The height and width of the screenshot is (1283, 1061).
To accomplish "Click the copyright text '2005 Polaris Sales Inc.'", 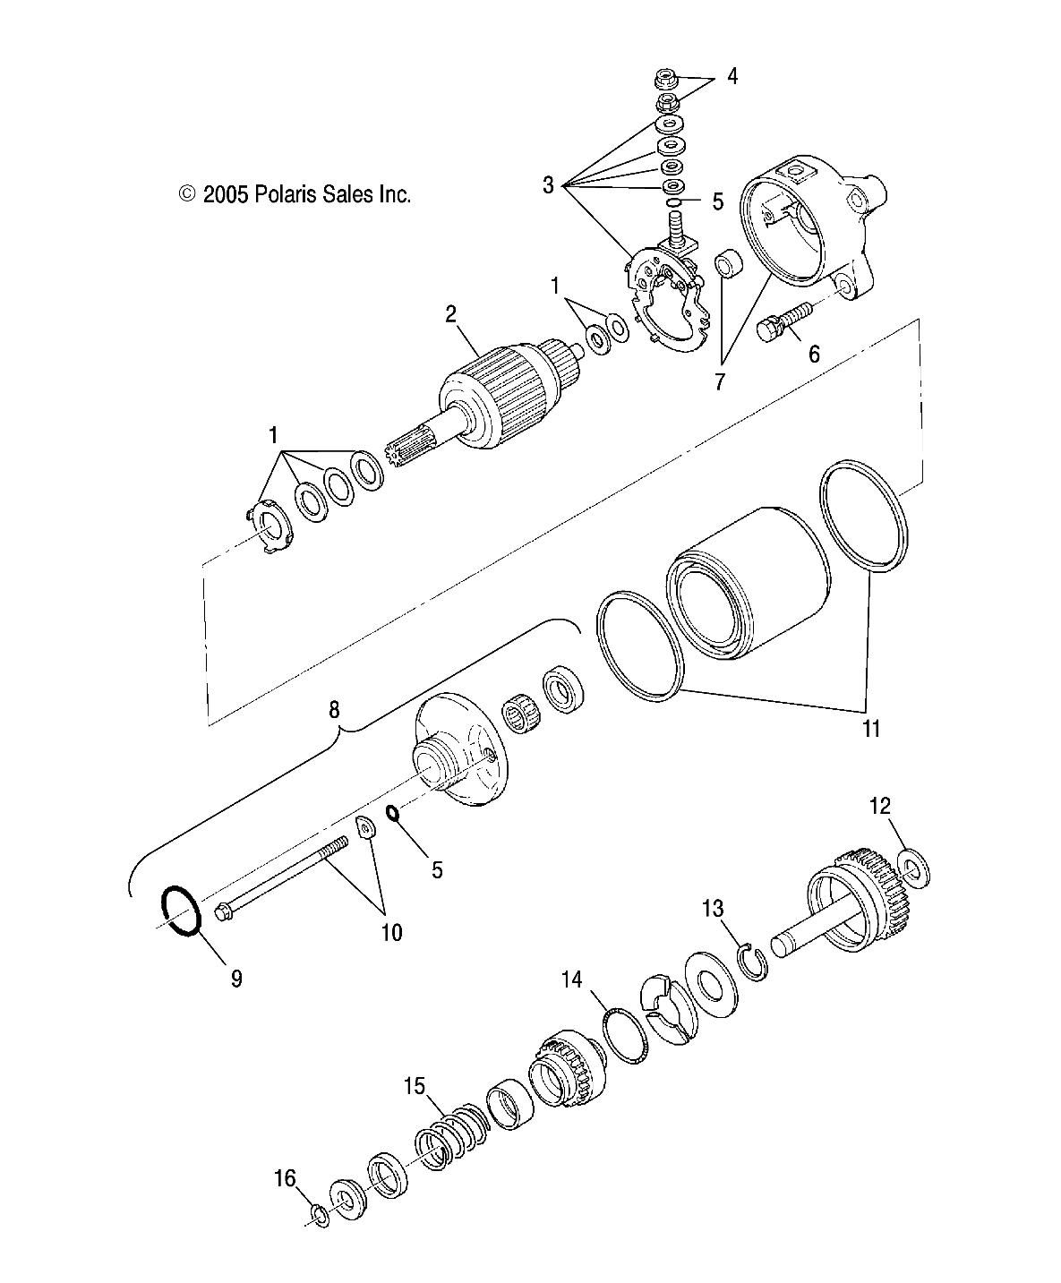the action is tap(306, 195).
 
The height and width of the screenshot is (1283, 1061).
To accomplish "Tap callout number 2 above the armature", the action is tap(451, 314).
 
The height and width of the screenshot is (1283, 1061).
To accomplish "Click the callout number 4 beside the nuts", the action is tap(732, 76).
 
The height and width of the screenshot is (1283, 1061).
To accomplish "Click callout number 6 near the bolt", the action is tap(814, 354).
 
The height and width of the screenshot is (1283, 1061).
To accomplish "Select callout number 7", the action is tap(720, 381).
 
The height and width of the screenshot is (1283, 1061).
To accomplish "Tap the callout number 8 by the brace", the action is tap(334, 710).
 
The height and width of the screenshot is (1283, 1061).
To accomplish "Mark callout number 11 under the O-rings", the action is tap(871, 729).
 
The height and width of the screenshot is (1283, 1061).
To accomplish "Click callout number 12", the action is tap(880, 806).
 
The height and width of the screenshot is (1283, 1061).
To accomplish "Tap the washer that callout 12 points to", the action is tap(914, 869).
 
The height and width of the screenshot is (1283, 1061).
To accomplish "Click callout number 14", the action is tap(571, 979).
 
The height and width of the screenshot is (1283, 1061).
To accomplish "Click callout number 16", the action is tap(286, 1178).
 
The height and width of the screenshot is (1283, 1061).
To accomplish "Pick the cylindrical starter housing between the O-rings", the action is tap(749, 583).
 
